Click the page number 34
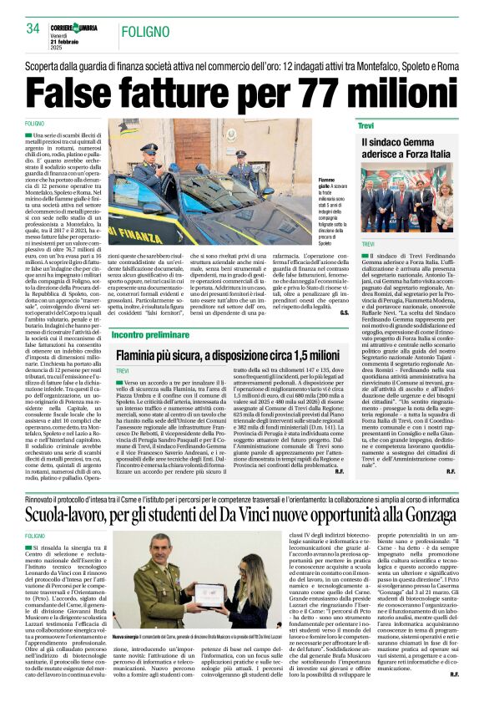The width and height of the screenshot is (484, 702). click(33, 28)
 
